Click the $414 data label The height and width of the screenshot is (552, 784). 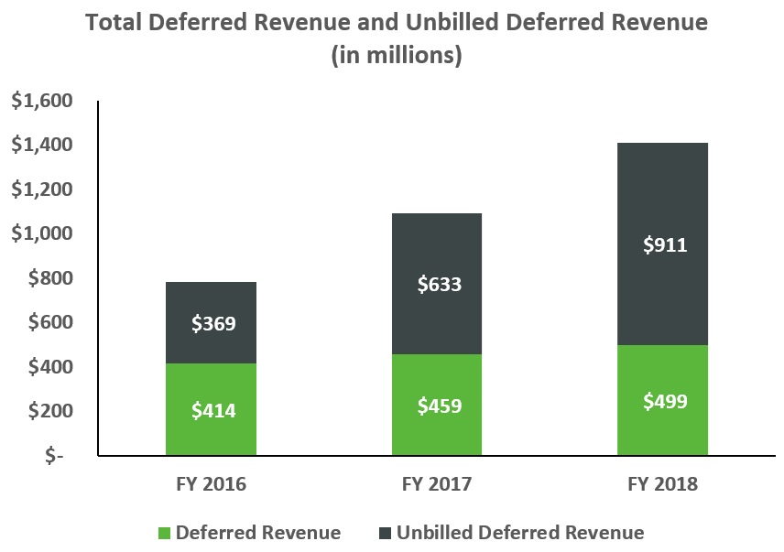click(214, 411)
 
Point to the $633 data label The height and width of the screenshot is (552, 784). click(438, 284)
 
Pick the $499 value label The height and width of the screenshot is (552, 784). click(662, 401)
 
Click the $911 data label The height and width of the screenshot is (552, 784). click(662, 245)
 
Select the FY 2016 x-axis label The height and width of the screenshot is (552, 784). click(212, 484)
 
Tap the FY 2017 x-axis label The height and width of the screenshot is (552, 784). click(437, 484)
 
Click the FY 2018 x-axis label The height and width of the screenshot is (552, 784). click(662, 484)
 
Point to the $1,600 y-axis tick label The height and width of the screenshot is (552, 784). click(41, 101)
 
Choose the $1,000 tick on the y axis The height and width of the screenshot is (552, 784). click(41, 234)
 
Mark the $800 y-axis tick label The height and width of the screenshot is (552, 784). click(49, 278)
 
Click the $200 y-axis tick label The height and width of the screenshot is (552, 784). click(49, 411)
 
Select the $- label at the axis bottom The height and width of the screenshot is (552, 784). click(57, 456)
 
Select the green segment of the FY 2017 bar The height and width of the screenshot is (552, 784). click(438, 430)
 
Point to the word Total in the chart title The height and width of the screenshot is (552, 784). click(115, 22)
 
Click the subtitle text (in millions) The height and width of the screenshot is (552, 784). click(396, 55)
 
